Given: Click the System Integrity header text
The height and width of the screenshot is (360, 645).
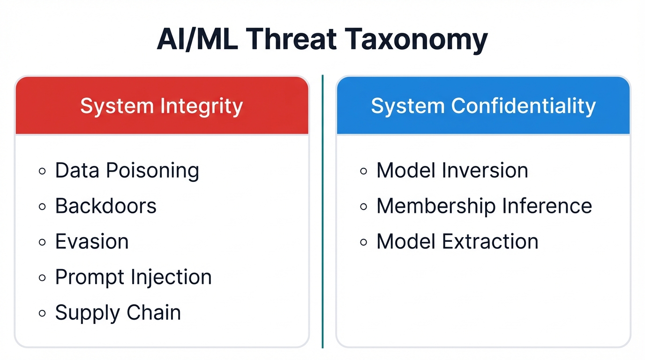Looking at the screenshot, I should pyautogui.click(x=161, y=106).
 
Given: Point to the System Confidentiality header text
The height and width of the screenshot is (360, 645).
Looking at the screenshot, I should pyautogui.click(x=483, y=106).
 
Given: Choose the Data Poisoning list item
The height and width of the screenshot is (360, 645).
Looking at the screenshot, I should pyautogui.click(x=127, y=171).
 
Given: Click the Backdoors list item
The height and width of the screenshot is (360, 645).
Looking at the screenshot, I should pyautogui.click(x=106, y=206).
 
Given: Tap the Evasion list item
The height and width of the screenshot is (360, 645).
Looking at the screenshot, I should pyautogui.click(x=92, y=242).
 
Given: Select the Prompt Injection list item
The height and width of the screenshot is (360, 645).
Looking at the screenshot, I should pyautogui.click(x=134, y=277).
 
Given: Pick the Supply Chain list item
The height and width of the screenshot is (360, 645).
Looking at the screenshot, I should pyautogui.click(x=118, y=313).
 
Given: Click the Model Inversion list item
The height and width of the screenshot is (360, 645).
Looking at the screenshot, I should pyautogui.click(x=452, y=171).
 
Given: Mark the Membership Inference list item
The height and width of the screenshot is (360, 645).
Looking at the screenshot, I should pyautogui.click(x=484, y=206).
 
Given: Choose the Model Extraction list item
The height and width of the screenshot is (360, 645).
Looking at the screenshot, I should pyautogui.click(x=457, y=242).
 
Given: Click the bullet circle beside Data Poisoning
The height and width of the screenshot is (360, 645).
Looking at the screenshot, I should pyautogui.click(x=42, y=172).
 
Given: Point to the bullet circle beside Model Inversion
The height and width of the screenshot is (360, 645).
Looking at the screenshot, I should pyautogui.click(x=364, y=172).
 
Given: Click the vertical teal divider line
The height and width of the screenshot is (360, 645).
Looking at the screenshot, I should pyautogui.click(x=322, y=211).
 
